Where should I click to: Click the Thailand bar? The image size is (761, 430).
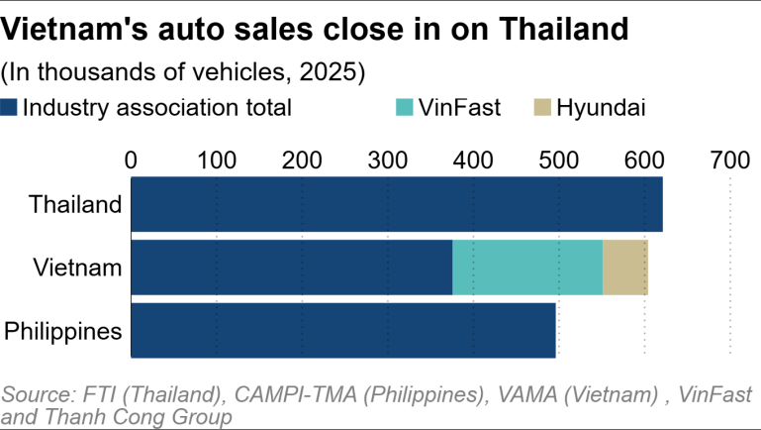pyautogui.click(x=396, y=205)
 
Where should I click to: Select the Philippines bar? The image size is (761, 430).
pyautogui.click(x=342, y=330)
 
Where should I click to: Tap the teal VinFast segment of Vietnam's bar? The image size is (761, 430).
pyautogui.click(x=527, y=268)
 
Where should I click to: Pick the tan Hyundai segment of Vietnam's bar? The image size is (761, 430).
pyautogui.click(x=624, y=268)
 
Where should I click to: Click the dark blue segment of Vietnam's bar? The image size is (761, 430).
pyautogui.click(x=291, y=268)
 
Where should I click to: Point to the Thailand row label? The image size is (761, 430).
pyautogui.click(x=75, y=205)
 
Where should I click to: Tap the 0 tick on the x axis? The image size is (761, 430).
pyautogui.click(x=131, y=159)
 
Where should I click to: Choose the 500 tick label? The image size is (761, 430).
pyautogui.click(x=558, y=159)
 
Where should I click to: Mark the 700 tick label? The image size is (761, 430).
pyautogui.click(x=729, y=159)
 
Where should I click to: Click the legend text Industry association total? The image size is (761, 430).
pyautogui.click(x=156, y=107)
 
